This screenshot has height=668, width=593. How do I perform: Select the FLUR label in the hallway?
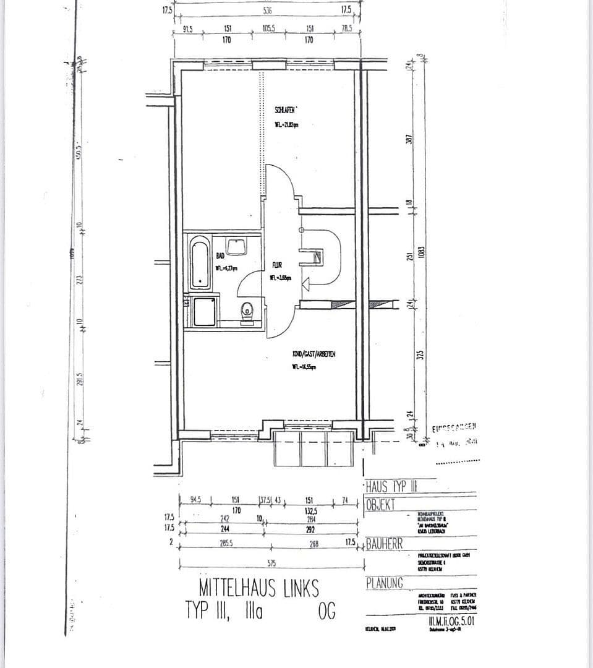click(276, 265)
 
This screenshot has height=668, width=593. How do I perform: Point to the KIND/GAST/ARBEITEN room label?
click(314, 354)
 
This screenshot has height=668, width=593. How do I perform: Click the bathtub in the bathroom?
click(200, 262)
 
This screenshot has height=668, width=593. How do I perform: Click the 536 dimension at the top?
click(267, 11)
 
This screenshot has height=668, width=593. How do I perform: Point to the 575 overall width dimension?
click(271, 563)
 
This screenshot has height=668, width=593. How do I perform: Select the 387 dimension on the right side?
click(408, 140)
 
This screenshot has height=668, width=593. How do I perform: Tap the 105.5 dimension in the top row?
click(268, 28)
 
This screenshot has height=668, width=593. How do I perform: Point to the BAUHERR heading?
click(385, 544)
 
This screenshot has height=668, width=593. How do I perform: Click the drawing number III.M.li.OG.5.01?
click(452, 622)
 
